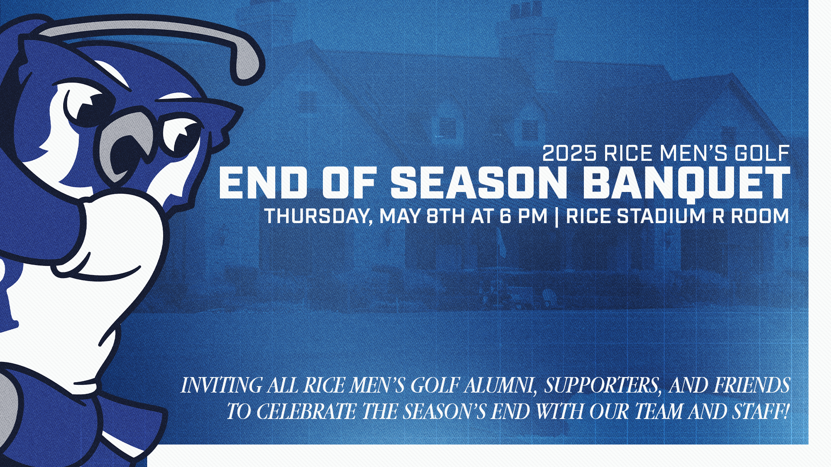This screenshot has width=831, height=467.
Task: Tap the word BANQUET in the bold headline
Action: [x=686, y=183]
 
